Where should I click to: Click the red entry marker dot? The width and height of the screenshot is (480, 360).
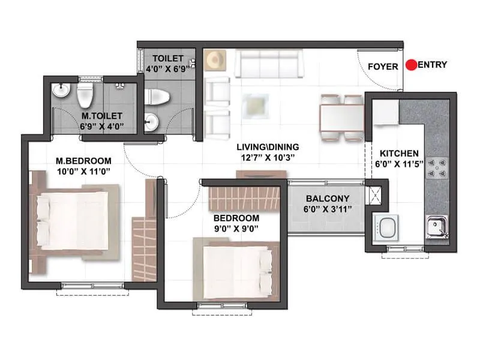click(x=410, y=65)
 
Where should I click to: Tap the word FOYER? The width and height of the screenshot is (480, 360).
click(x=382, y=67)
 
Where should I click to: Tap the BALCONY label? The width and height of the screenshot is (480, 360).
click(x=325, y=199)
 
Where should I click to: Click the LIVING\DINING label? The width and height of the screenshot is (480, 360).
click(x=268, y=147)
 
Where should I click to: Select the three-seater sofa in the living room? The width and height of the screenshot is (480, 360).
click(x=268, y=64)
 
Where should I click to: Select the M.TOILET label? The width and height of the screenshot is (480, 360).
click(x=102, y=115)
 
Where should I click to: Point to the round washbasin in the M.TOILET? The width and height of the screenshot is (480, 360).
click(x=59, y=91)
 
